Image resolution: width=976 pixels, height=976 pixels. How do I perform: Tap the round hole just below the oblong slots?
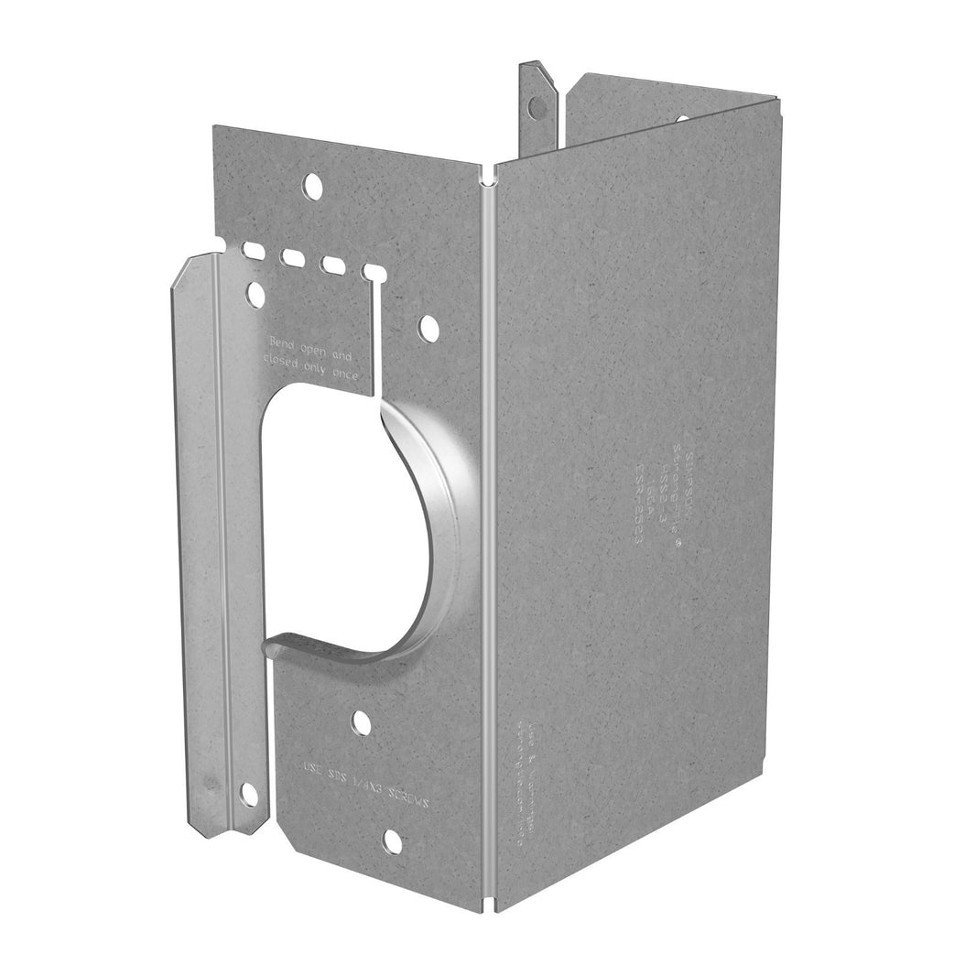[x=256, y=295]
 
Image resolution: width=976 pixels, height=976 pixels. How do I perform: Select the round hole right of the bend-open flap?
[x=427, y=327]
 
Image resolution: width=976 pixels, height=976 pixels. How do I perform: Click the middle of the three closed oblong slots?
[x=294, y=257]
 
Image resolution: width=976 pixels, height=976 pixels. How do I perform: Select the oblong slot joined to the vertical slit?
[x=373, y=272]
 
